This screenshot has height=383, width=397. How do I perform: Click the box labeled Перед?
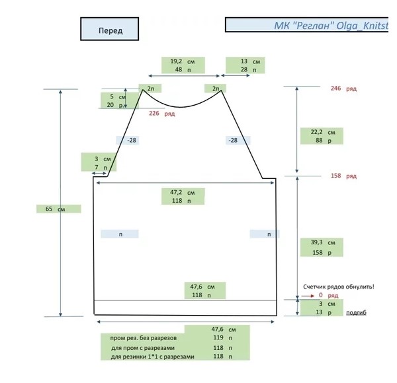point(109,30)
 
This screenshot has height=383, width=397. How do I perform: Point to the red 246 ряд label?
point(343,88)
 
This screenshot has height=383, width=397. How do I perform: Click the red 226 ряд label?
point(161,114)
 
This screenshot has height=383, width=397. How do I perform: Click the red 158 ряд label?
point(343,176)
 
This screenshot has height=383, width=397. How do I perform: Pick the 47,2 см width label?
point(178,192)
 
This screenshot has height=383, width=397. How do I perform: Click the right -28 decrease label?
point(232,140)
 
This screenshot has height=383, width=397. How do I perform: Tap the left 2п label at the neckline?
point(150,88)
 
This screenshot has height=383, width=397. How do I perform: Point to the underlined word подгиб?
point(356,312)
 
